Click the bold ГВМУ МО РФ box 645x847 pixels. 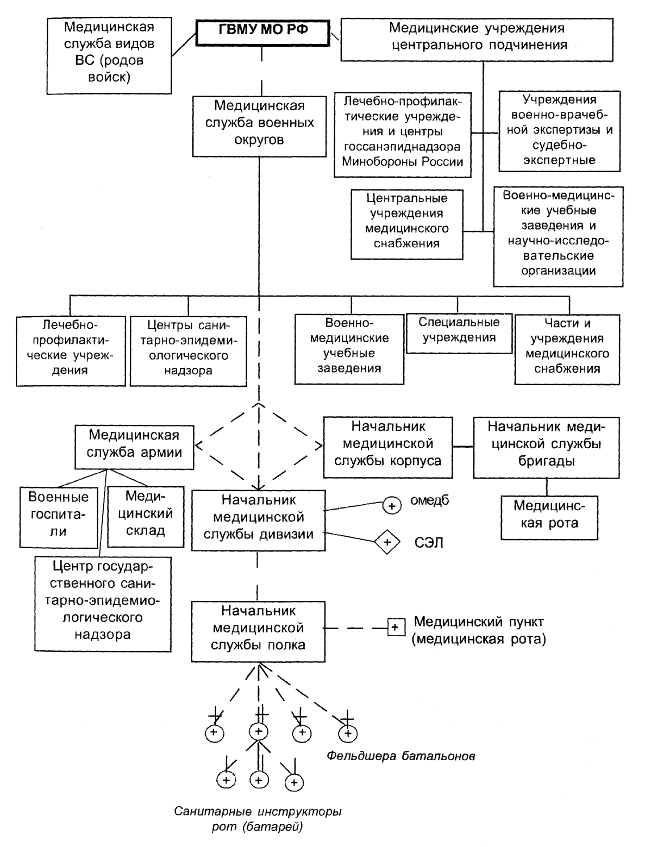[262, 33]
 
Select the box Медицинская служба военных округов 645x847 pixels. [259, 127]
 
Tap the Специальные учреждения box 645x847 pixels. [459, 334]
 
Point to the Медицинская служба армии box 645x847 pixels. [134, 447]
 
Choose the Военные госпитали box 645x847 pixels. [59, 517]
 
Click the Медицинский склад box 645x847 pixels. [146, 517]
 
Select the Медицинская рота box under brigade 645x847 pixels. [549, 517]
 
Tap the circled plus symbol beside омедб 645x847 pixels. [392, 505]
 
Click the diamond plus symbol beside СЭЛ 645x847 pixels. [387, 542]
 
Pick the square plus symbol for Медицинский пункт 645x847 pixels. [396, 627]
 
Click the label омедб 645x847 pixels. [430, 500]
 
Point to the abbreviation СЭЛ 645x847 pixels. [429, 543]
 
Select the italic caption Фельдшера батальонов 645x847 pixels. [401, 756]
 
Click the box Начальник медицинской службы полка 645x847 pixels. [258, 631]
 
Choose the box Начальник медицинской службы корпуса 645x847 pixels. [387, 447]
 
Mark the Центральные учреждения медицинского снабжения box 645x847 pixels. [407, 224]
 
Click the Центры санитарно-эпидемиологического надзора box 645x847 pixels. [188, 351]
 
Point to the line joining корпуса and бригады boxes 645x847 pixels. [463, 447]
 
